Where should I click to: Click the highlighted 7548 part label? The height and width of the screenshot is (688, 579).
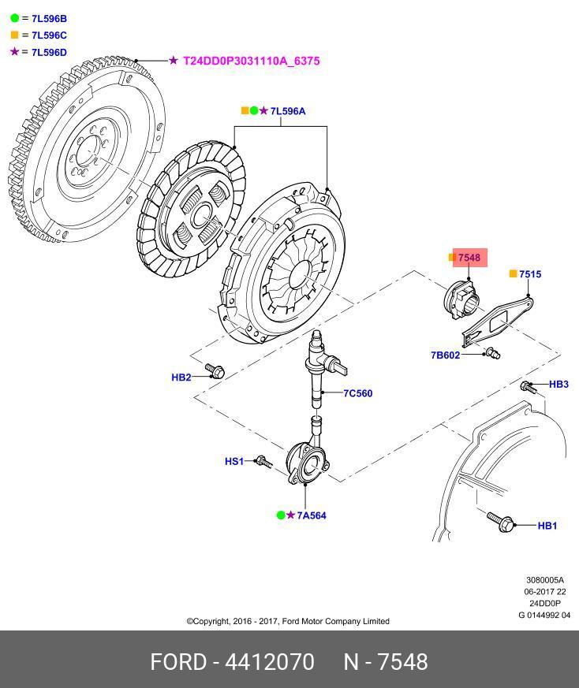(469, 258)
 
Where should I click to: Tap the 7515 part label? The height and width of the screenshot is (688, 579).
(530, 274)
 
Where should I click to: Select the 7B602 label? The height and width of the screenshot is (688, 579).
(445, 355)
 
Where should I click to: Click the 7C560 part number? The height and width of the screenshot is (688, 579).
(357, 393)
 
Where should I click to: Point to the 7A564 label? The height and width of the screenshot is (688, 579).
(312, 515)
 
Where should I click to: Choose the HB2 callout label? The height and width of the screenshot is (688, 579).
(181, 377)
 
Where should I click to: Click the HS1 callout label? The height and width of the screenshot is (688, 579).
(234, 462)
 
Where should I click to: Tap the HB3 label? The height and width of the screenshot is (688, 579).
(558, 385)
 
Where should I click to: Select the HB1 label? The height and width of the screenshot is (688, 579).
(547, 526)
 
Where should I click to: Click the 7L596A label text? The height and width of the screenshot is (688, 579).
(287, 111)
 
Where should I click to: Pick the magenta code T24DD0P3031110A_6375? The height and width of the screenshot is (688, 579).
(252, 61)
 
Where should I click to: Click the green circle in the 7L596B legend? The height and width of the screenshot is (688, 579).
(14, 17)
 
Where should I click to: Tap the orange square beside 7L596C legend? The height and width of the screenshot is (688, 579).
(14, 35)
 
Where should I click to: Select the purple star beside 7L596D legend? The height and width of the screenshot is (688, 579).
(14, 52)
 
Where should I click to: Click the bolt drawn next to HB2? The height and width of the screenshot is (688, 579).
(214, 369)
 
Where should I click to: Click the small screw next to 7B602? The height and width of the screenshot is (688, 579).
(492, 352)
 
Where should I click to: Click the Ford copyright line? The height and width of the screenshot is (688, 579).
(288, 621)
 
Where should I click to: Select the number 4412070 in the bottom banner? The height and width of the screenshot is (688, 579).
(270, 661)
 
